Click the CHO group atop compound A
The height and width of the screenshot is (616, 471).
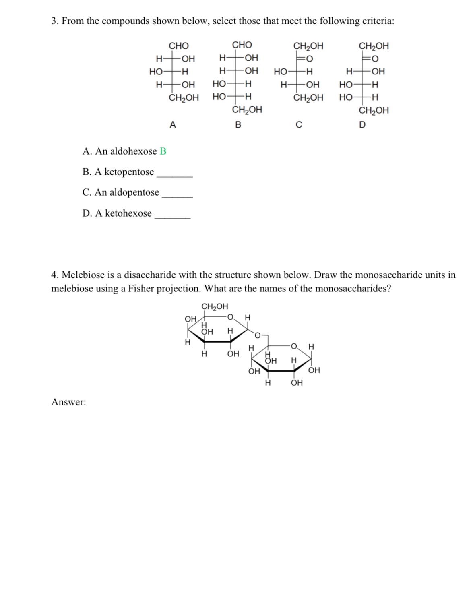tap(178, 45)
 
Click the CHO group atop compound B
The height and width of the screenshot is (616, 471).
tap(242, 45)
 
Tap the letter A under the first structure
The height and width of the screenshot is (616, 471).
tap(173, 125)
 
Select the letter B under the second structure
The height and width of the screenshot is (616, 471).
tap(238, 125)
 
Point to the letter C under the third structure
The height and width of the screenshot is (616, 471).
tap(299, 125)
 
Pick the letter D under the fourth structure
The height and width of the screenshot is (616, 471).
tap(362, 125)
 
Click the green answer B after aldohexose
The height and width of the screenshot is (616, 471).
tap(163, 151)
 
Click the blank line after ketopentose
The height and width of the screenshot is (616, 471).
tap(175, 176)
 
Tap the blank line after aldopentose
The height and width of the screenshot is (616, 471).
tap(177, 197)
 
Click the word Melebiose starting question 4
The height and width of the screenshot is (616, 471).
tap(83, 275)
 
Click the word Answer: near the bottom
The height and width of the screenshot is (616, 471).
tap(68, 402)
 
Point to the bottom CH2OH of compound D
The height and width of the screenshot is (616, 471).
tap(374, 110)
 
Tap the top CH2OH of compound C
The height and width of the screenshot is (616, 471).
tap(308, 45)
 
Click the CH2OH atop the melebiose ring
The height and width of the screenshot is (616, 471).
tap(215, 306)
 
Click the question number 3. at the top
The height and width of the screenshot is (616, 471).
tap(55, 21)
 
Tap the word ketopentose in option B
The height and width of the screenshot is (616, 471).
tap(129, 172)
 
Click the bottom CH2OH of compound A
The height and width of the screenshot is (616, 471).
tap(184, 97)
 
